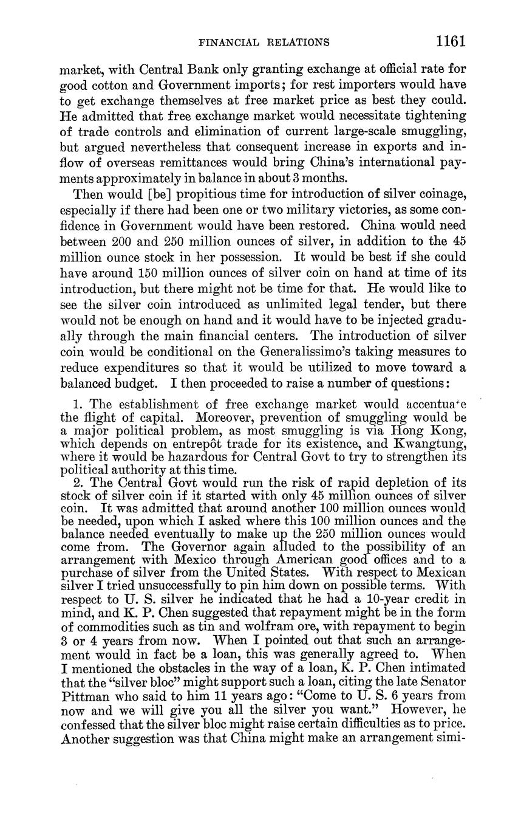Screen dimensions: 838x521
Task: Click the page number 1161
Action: pyautogui.click(x=449, y=41)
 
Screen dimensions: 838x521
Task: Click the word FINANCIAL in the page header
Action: pyautogui.click(x=228, y=43)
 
